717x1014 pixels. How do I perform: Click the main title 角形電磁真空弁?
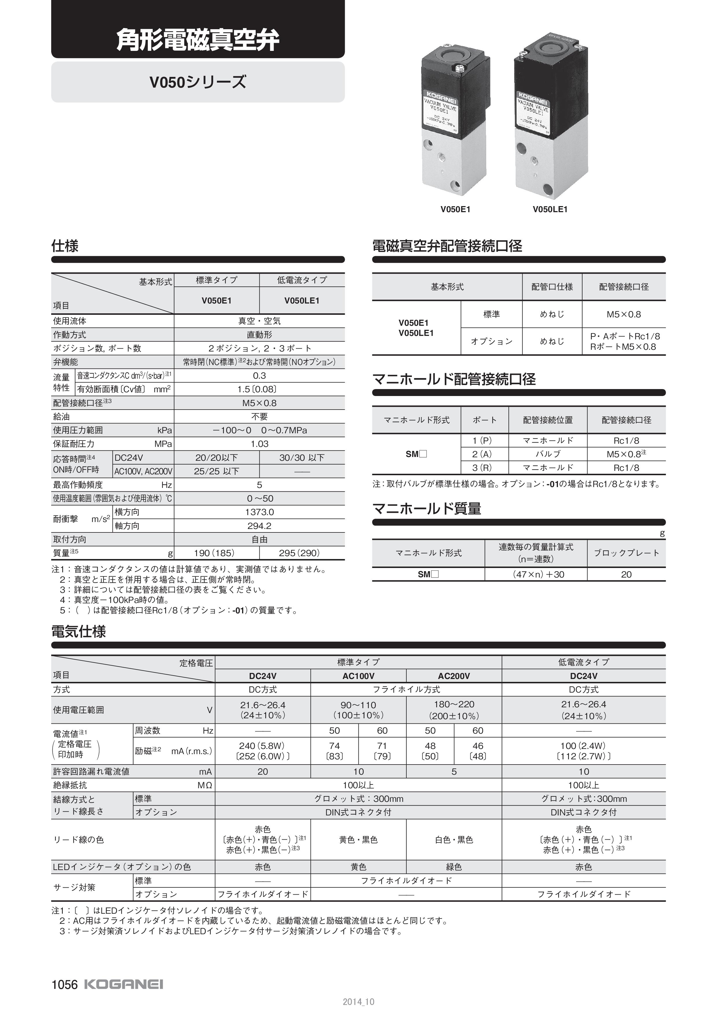coord(198,41)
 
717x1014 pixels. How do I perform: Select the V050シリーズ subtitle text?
coord(198,82)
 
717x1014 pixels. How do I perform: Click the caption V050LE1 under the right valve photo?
coord(550,209)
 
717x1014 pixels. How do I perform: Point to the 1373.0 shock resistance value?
coord(259,512)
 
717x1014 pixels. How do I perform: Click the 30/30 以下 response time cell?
coord(302,458)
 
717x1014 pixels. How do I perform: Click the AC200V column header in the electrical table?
coord(454,676)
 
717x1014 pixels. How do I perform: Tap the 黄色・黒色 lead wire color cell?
coord(358,839)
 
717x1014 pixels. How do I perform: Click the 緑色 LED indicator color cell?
coord(454,867)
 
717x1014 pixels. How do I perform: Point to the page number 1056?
coord(64,985)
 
